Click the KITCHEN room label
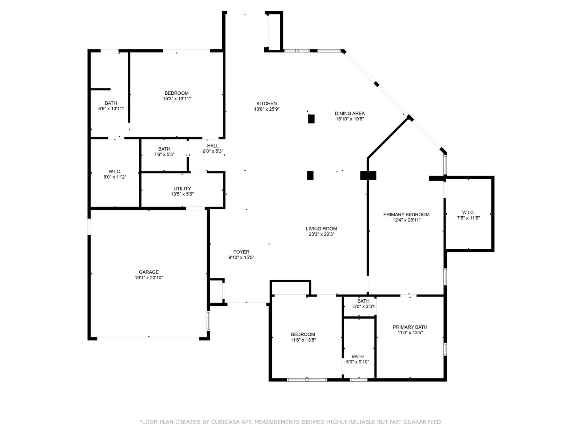pos(267,103)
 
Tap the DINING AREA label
pos(350,113)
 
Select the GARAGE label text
pos(149,272)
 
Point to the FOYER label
pos(241,252)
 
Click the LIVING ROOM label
pos(321,228)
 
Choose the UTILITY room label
pos(182,189)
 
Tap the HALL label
pos(213,146)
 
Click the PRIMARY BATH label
pos(410,327)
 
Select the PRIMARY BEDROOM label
pos(406,214)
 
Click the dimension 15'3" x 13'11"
pos(177,99)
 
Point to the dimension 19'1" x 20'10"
pos(149,278)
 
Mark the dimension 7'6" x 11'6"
pos(468,218)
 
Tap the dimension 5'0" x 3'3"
pos(363,307)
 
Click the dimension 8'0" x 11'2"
pos(115,177)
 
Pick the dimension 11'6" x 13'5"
pos(303,340)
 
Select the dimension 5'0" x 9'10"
pos(358,362)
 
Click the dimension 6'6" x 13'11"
pos(111,109)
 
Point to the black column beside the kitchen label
pos(311,119)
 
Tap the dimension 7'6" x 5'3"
pos(164,154)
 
